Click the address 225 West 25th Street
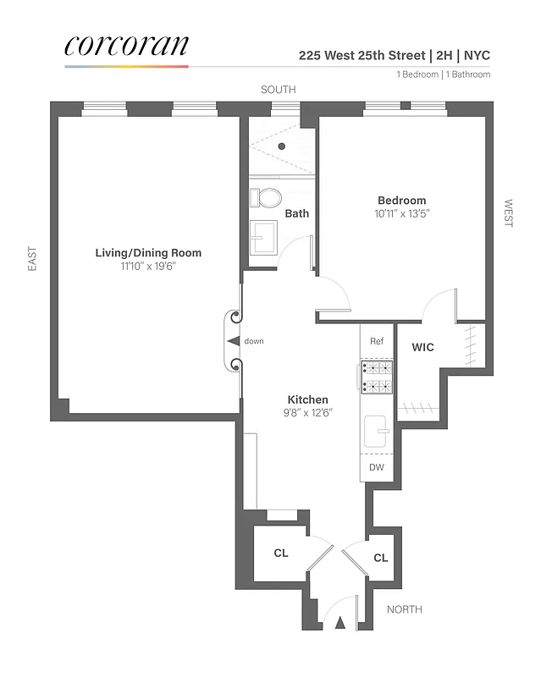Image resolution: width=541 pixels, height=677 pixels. click(x=362, y=56)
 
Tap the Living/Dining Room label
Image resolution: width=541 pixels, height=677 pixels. click(x=148, y=253)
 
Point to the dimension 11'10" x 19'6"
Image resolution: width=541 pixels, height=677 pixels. click(x=148, y=267)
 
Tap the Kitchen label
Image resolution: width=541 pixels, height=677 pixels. click(x=307, y=399)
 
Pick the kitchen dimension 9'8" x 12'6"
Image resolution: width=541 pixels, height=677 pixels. click(x=307, y=413)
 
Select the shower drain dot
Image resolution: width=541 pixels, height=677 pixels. click(x=281, y=146)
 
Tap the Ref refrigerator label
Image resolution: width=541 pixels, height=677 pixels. click(x=377, y=341)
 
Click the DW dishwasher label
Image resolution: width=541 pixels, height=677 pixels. click(x=377, y=467)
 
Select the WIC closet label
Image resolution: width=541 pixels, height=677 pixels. click(x=423, y=348)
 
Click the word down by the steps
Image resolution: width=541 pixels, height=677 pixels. click(x=254, y=341)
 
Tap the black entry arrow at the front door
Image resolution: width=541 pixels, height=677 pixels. click(x=341, y=623)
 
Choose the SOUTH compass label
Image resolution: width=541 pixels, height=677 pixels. click(x=277, y=90)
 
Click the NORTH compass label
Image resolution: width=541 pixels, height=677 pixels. click(x=404, y=609)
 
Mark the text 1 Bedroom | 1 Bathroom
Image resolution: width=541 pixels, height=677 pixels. click(x=443, y=74)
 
